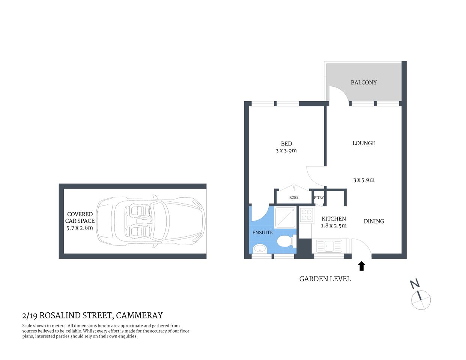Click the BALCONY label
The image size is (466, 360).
[364, 82]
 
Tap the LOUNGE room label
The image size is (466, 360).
[364, 143]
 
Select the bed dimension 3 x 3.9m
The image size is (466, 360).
[286, 151]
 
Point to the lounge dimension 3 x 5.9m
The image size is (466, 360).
[364, 180]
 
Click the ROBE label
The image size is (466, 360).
[294, 198]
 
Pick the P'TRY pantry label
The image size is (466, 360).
[319, 198]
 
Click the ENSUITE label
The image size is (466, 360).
[262, 232]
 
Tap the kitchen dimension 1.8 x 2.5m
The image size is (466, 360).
[334, 226]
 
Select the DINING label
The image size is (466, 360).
[374, 221]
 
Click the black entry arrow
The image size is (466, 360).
[361, 266]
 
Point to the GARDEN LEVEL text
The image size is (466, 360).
[325, 279]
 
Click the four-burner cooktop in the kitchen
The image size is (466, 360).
[307, 214]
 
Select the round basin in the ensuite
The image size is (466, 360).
[259, 248]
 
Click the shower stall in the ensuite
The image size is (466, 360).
[285, 217]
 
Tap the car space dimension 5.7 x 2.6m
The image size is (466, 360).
[80, 228]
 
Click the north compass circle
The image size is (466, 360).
[421, 300]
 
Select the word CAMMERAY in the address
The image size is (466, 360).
[139, 316]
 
